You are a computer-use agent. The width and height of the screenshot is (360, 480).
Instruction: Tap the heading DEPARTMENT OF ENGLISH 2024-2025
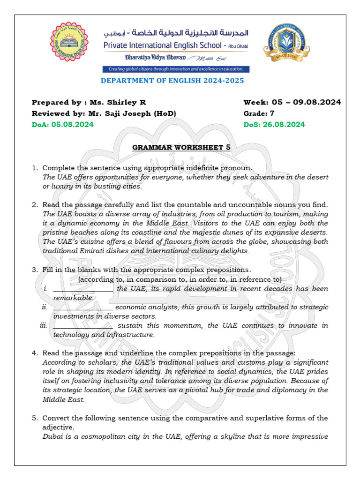(172, 81)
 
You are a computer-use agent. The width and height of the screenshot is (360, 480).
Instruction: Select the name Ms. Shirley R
(117, 103)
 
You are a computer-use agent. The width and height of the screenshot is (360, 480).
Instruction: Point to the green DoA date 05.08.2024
(72, 124)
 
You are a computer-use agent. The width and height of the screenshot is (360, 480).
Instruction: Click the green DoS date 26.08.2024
(284, 124)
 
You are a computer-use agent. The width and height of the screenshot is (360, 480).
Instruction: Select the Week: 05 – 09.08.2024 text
(292, 103)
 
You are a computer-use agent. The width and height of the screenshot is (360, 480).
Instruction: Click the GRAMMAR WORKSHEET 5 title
(181, 147)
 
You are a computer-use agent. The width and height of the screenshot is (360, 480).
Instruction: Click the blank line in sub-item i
(82, 289)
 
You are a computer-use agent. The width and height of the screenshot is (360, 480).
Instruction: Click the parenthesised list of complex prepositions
(180, 279)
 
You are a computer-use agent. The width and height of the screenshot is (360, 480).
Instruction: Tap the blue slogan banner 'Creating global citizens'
(176, 69)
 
